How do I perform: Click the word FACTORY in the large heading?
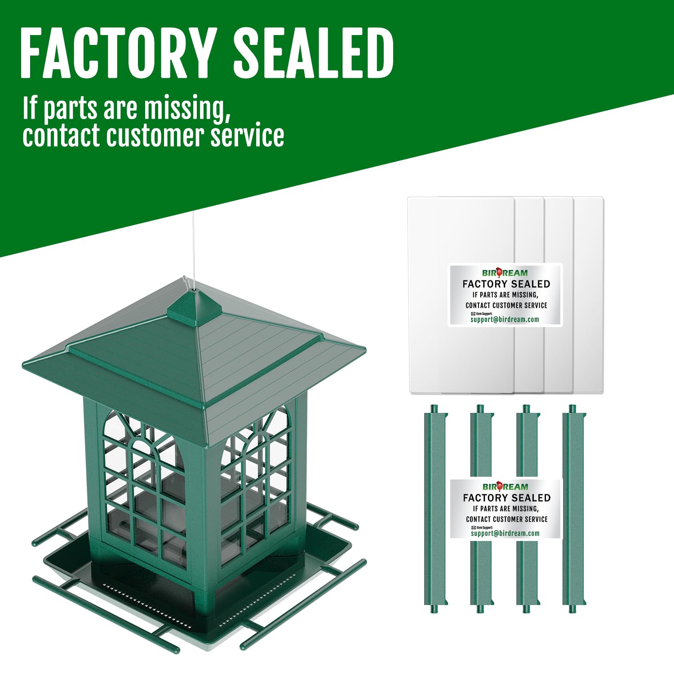pos(116,53)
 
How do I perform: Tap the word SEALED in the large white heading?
pos(314,53)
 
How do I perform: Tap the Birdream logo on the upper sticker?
pos(505,272)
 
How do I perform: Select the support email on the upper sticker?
pos(505,319)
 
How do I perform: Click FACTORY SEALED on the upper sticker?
pos(506,284)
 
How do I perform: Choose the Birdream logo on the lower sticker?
pos(505,486)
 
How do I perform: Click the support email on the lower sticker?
pos(505,533)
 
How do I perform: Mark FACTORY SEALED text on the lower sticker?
pos(507,498)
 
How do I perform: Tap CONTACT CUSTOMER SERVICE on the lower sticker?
pos(507,519)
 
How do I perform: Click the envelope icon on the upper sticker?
pos(473,314)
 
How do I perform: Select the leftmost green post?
pos(435,508)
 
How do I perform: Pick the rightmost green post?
pos(573,508)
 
